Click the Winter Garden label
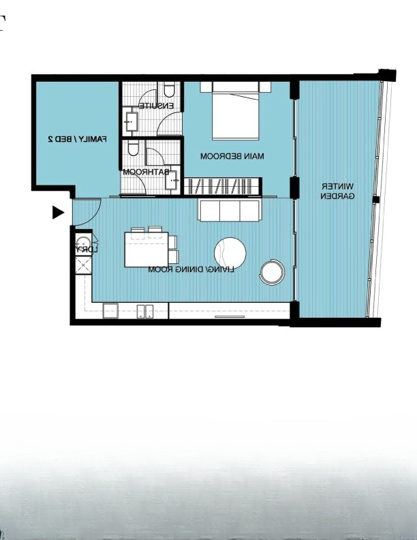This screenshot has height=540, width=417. pos(337,192)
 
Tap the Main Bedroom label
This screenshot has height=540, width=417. pos(232,156)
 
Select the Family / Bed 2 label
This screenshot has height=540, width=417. pos(77,139)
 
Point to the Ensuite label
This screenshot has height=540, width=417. pos(156,106)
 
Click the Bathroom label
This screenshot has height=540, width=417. pos(146,172)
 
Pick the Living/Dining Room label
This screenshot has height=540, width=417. pos(191,269)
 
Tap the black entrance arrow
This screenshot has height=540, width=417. pos(58,213)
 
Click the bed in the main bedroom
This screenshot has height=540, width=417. pos(235,111)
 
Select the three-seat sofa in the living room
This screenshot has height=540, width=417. pos(229,211)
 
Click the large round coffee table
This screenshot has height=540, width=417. pos(230,253)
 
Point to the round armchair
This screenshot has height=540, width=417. pos(272,272)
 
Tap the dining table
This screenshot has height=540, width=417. pos(146,250)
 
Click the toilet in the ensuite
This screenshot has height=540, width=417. pos(169,89)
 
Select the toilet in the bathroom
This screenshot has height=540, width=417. pos(133,148)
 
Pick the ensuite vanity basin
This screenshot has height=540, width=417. pos(131,121)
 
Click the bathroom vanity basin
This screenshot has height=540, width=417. pos(172,180)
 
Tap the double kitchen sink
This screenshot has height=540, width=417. pos(145,312)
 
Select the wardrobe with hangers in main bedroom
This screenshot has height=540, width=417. pos(221,186)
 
